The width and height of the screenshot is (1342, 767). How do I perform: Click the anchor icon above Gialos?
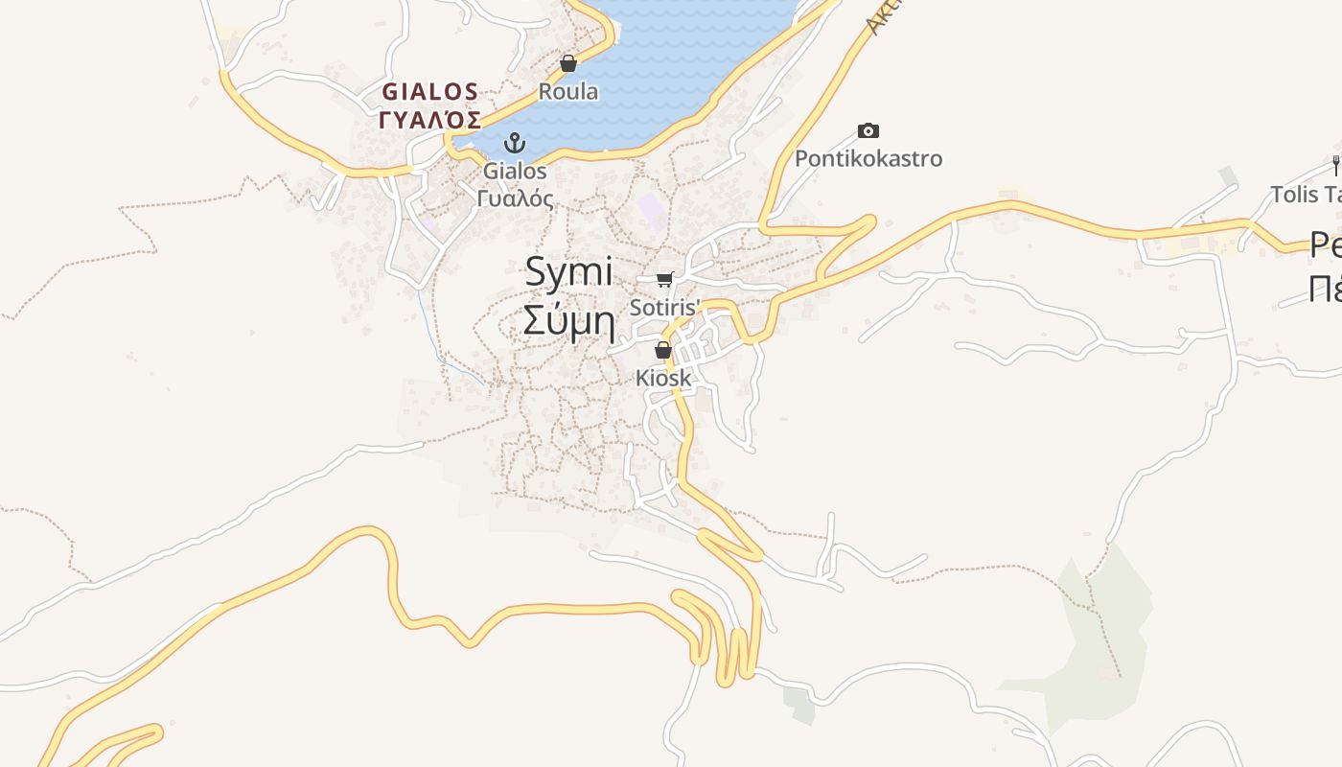516,144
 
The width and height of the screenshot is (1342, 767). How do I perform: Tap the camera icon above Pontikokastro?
868,130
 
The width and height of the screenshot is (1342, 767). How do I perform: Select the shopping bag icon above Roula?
568,63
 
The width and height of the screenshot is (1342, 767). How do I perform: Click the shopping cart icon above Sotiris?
664,279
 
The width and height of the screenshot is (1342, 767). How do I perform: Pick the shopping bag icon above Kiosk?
662,350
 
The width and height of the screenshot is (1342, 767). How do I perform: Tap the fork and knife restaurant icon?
1335,165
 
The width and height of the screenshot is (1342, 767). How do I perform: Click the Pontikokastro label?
868,158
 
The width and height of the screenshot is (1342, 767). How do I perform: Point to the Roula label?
568,92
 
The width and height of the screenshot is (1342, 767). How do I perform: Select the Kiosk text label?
663,379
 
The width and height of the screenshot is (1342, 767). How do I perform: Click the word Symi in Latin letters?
568,272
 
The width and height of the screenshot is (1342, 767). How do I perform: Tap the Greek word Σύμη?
568,321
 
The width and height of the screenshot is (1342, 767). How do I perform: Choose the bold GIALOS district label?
429,92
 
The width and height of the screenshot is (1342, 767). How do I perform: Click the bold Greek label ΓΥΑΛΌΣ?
429,120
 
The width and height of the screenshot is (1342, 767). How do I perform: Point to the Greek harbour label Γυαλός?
516,198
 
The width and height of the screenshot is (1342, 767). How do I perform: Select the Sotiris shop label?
665,308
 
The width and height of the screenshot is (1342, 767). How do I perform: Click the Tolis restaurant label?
1306,195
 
